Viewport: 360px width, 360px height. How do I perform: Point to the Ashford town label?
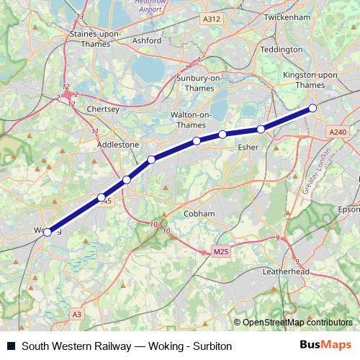pyautogui.click(x=147, y=40)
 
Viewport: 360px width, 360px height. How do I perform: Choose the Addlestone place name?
pyautogui.click(x=118, y=145)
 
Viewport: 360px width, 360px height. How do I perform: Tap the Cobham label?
pyautogui.click(x=199, y=214)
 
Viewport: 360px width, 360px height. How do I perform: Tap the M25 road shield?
pyautogui.click(x=221, y=252)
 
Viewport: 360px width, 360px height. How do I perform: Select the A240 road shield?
pyautogui.click(x=337, y=132)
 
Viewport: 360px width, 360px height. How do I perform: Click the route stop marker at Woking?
pyautogui.click(x=48, y=232)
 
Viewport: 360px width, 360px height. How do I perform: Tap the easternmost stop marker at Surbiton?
pyautogui.click(x=312, y=109)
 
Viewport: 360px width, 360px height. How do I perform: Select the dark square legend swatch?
pyautogui.click(x=12, y=346)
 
